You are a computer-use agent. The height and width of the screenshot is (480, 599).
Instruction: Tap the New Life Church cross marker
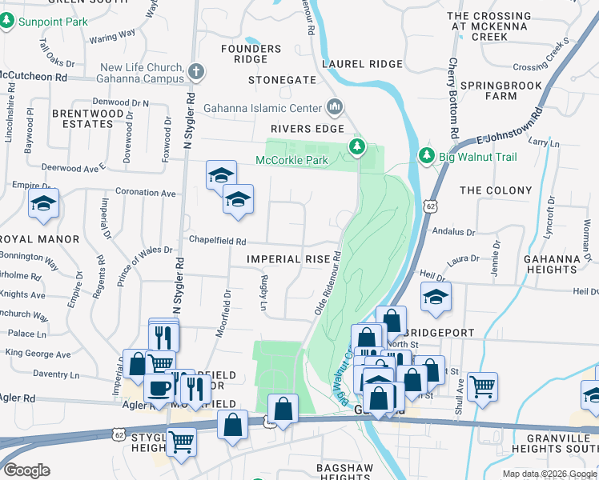[196, 73]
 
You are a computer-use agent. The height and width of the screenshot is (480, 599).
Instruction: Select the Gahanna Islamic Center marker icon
[335, 107]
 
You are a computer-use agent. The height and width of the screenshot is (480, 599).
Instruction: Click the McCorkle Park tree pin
[357, 146]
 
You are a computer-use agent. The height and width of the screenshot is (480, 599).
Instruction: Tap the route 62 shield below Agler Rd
[118, 434]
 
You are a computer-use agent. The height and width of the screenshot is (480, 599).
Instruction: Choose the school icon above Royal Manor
[44, 204]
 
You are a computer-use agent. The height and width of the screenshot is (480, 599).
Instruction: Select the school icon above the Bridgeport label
[436, 298]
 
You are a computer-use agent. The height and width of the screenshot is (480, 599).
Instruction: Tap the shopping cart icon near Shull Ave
[483, 387]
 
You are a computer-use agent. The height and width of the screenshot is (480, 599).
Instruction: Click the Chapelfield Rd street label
[216, 240]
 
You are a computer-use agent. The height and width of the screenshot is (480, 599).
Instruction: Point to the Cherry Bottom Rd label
[453, 98]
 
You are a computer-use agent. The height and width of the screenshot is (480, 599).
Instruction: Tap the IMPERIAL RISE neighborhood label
[288, 259]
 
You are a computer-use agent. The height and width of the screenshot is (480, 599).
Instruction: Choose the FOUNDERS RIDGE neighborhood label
[251, 54]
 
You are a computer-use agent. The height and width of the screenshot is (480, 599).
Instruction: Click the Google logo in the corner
[26, 470]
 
